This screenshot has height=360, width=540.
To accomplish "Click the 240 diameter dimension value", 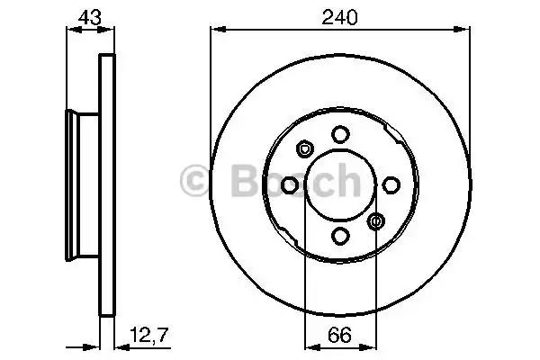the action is point(339,18).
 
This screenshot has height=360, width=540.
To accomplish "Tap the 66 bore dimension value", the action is point(339,335).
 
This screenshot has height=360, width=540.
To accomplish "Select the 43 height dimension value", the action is point(90,17).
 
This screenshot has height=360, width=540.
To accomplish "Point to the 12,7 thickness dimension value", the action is point(149,335).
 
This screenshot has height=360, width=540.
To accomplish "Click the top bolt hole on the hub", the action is point(340,134).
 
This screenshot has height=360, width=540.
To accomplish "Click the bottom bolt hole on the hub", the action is point(340,237).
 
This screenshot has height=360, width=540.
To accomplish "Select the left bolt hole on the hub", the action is point(290,185).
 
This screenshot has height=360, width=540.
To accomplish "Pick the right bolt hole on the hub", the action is point(391,185).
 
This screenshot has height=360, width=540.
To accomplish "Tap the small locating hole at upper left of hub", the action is point(304,148).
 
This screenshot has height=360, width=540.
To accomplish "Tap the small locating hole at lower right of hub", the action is point(376,221).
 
